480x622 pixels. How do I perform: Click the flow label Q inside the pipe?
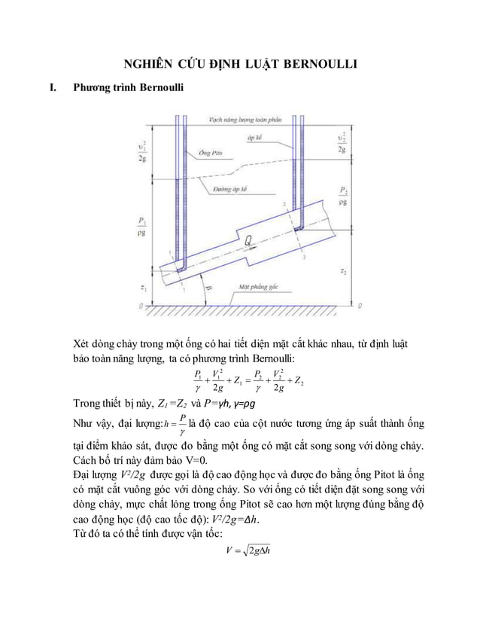tap(248, 242)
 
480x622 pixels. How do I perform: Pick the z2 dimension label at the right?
tap(343, 270)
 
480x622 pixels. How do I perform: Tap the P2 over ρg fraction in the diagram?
tap(343, 196)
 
